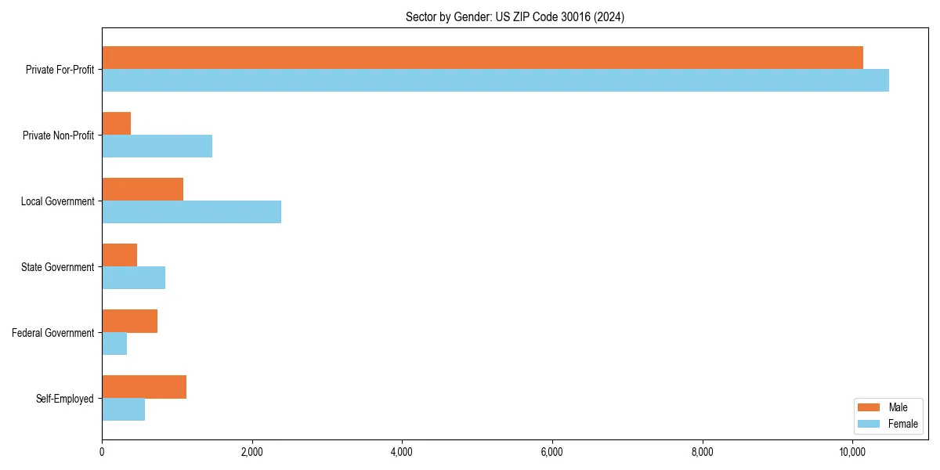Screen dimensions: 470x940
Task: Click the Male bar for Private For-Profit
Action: tap(482, 58)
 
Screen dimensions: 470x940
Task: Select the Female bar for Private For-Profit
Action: tap(495, 81)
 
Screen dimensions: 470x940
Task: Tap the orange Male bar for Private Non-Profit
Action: tap(117, 124)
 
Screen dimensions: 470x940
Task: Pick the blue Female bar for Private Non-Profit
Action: tap(157, 146)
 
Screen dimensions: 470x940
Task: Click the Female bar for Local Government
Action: tap(191, 212)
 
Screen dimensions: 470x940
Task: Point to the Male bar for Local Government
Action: tap(143, 190)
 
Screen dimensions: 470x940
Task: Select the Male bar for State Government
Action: tap(120, 255)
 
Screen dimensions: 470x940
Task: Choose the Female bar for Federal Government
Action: tap(114, 344)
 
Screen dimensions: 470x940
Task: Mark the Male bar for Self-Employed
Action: tap(144, 387)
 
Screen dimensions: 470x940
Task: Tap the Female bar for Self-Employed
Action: tap(124, 410)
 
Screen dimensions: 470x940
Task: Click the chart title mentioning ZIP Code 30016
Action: tap(515, 16)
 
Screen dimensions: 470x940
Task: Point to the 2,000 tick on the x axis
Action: tap(251, 452)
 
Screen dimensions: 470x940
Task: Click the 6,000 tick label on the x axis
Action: tap(552, 452)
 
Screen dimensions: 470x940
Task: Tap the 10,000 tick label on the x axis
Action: tap(852, 452)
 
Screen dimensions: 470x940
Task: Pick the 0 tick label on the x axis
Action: tap(102, 452)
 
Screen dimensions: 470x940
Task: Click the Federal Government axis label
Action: tap(53, 333)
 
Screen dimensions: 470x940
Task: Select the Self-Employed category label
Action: tap(65, 399)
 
